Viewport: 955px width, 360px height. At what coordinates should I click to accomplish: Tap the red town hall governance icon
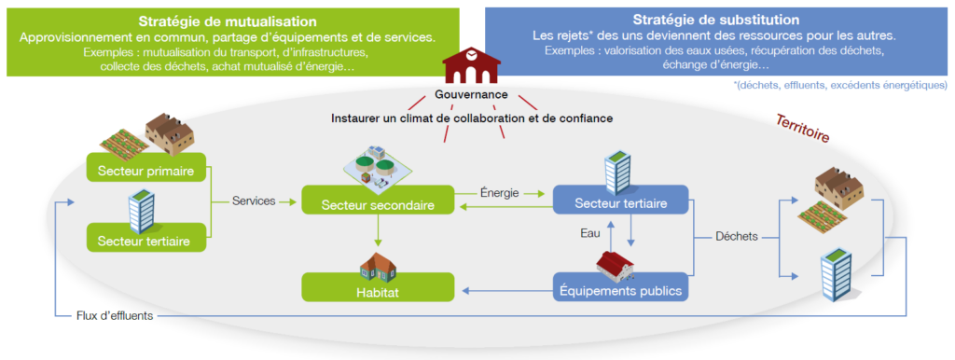471,66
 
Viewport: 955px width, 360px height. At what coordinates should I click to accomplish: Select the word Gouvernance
471,95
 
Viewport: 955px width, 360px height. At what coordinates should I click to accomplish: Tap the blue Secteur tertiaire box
620,201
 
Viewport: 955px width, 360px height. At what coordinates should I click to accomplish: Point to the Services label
255,201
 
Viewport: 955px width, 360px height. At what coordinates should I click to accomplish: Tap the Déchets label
737,235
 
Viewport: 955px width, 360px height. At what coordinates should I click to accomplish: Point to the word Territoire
805,128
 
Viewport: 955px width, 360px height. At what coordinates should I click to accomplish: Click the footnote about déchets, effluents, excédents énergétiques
840,85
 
